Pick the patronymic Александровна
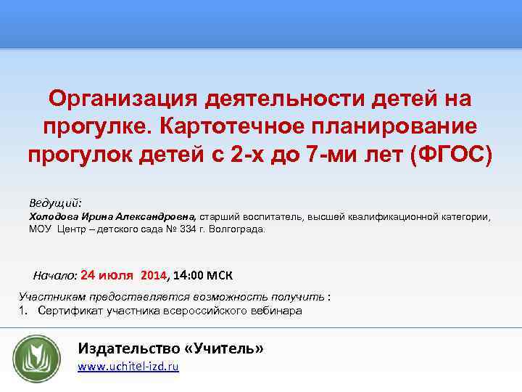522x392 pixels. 155,216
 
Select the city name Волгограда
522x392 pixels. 239,229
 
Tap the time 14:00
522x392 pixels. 189,276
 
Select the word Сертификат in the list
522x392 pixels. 67,311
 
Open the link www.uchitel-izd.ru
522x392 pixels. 128,367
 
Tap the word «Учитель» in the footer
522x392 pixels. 224,348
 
